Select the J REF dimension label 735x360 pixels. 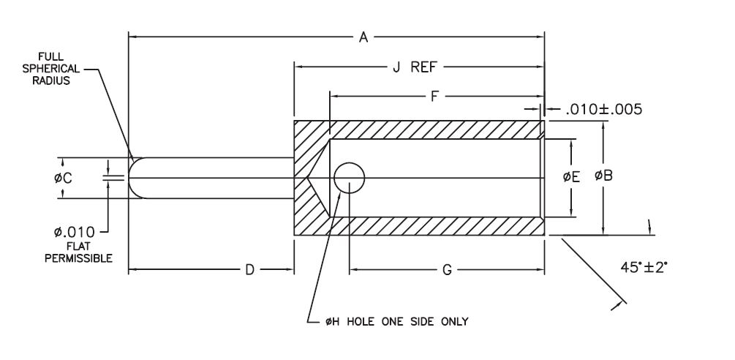coord(414,67)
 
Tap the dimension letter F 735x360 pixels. coord(435,96)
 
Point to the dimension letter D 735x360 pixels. coord(249,271)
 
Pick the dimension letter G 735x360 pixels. coord(447,271)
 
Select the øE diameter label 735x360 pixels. coord(571,176)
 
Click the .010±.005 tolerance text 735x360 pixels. coord(604,110)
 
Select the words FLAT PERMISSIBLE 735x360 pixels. coord(78,252)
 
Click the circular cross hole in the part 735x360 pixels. coord(350,177)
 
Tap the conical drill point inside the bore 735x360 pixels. coord(320,177)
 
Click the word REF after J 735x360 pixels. coord(426,67)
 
